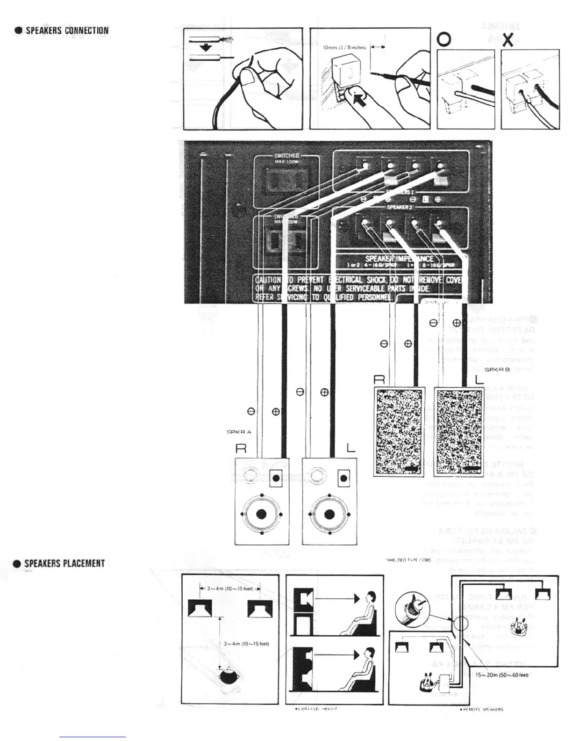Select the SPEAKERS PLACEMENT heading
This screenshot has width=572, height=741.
[64, 563]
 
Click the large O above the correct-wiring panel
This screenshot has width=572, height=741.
[443, 40]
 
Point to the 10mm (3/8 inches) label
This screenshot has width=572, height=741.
[344, 47]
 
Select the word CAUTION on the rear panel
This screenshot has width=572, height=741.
[268, 280]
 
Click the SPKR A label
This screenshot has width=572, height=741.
[239, 432]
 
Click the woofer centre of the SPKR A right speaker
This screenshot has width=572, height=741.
[262, 514]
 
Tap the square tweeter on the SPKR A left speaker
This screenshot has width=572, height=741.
[343, 478]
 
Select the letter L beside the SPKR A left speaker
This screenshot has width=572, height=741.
[350, 448]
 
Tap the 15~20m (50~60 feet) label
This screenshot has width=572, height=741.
[501, 675]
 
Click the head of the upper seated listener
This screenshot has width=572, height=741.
[370, 598]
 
